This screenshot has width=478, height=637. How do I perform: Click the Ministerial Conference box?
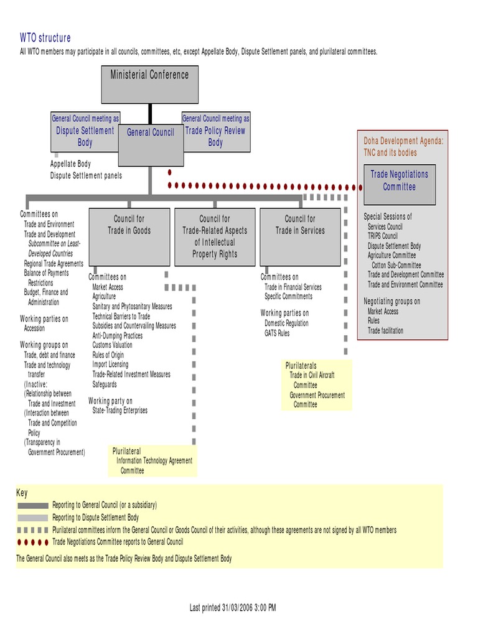149,83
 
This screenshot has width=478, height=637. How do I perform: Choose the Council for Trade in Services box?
300,236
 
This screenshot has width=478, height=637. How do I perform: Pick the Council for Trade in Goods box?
129,236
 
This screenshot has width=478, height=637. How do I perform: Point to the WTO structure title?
45,38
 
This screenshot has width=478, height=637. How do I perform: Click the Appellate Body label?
70,164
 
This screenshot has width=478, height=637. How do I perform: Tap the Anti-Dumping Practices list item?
118,335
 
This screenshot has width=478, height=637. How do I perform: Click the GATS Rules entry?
277,333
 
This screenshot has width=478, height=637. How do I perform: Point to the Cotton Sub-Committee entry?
396,265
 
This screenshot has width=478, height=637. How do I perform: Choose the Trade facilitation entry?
385,331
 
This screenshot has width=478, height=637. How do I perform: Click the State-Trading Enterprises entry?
120,411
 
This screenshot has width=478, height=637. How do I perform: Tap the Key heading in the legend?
22,493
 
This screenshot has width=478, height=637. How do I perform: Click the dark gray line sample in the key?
32,505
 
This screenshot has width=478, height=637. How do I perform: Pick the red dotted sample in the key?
32,542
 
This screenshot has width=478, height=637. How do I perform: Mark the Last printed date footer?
233,607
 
